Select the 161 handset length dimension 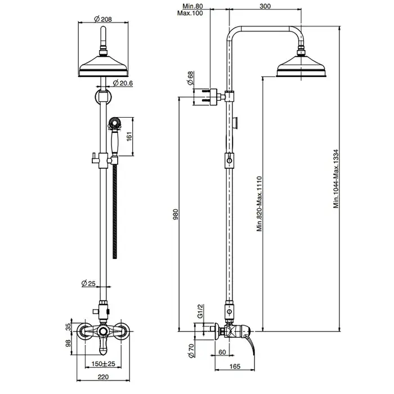[x=130, y=137]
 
